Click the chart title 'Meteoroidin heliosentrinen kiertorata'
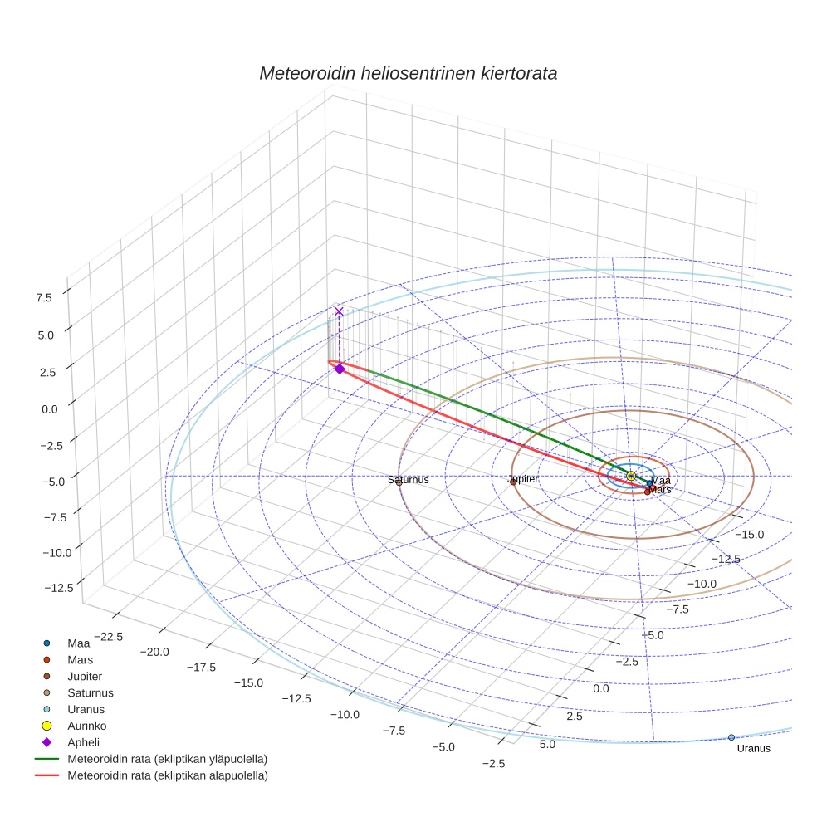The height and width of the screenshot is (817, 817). [x=408, y=73]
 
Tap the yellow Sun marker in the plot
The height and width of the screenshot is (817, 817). [x=631, y=476]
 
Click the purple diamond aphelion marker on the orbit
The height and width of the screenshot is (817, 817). [x=339, y=369]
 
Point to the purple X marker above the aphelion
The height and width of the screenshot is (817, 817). [x=339, y=311]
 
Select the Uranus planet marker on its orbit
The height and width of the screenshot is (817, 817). [x=731, y=737]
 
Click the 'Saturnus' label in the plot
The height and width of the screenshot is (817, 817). [x=408, y=480]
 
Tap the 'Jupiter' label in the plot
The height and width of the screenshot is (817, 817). [x=523, y=479]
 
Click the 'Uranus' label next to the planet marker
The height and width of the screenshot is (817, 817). [x=753, y=749]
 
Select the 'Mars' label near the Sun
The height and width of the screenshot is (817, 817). [x=660, y=490]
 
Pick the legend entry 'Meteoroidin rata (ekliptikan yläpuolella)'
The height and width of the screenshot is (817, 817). [x=167, y=759]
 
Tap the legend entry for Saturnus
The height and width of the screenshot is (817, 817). [x=91, y=692]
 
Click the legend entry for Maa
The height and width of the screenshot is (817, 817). [x=78, y=643]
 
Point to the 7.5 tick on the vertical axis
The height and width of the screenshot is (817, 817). [x=44, y=296]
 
